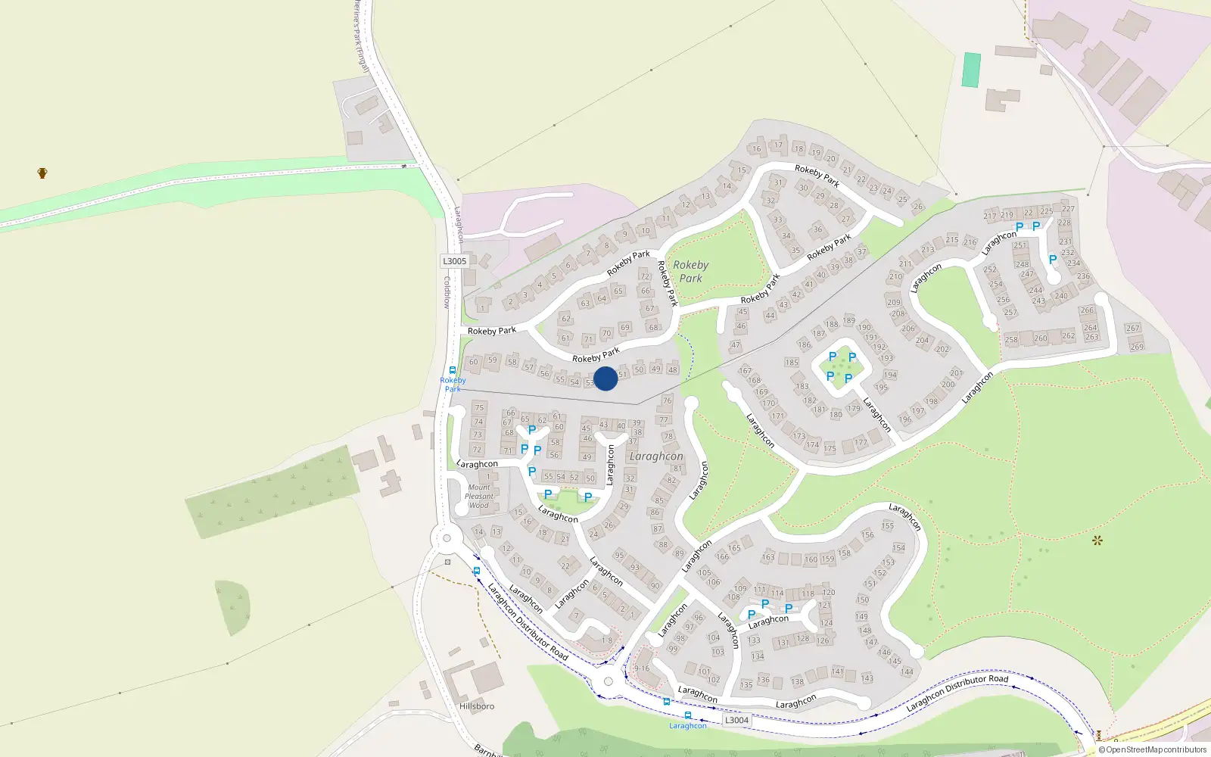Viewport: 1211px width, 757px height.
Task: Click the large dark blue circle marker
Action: click(605, 378)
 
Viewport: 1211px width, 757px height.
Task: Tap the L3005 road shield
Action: click(454, 261)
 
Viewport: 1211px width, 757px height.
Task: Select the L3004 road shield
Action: click(736, 720)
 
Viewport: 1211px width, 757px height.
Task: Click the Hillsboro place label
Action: click(477, 706)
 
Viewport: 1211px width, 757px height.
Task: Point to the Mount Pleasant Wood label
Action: click(479, 497)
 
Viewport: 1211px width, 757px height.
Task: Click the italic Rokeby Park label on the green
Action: click(690, 271)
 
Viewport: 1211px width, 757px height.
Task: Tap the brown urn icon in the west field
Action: click(42, 173)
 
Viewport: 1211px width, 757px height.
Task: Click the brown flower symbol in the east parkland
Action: click(1097, 540)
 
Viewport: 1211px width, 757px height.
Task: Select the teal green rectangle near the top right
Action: click(971, 70)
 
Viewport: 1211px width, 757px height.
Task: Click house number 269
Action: click(1137, 347)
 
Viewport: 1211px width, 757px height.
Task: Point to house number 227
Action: click(1068, 209)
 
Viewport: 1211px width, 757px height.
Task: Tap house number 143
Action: click(867, 678)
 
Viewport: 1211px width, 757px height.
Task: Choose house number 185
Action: click(792, 363)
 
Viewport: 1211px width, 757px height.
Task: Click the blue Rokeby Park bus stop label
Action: click(453, 385)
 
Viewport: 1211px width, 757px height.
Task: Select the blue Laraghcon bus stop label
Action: click(687, 726)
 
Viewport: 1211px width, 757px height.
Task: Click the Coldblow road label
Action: click(447, 292)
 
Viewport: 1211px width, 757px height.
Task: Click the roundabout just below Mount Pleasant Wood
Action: click(447, 539)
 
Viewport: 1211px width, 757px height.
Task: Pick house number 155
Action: click(888, 525)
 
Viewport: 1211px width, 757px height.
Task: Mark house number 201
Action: click(957, 372)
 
